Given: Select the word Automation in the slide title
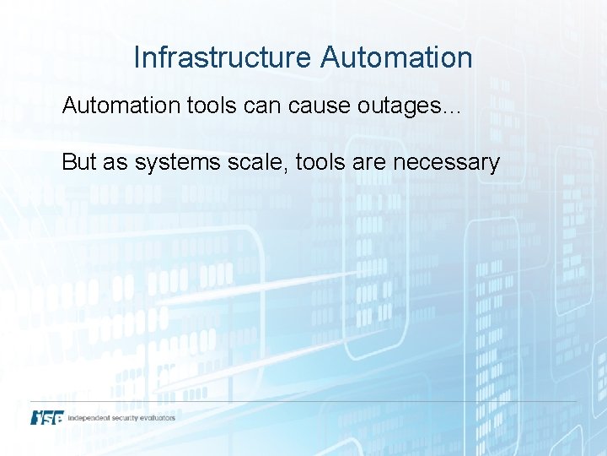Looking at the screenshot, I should (x=395, y=57).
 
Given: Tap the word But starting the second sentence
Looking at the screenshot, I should (x=79, y=162).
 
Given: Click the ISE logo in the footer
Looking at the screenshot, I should (x=46, y=417).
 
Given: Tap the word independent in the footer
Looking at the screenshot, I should (x=91, y=417).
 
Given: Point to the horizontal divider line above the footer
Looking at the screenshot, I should (x=303, y=401).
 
